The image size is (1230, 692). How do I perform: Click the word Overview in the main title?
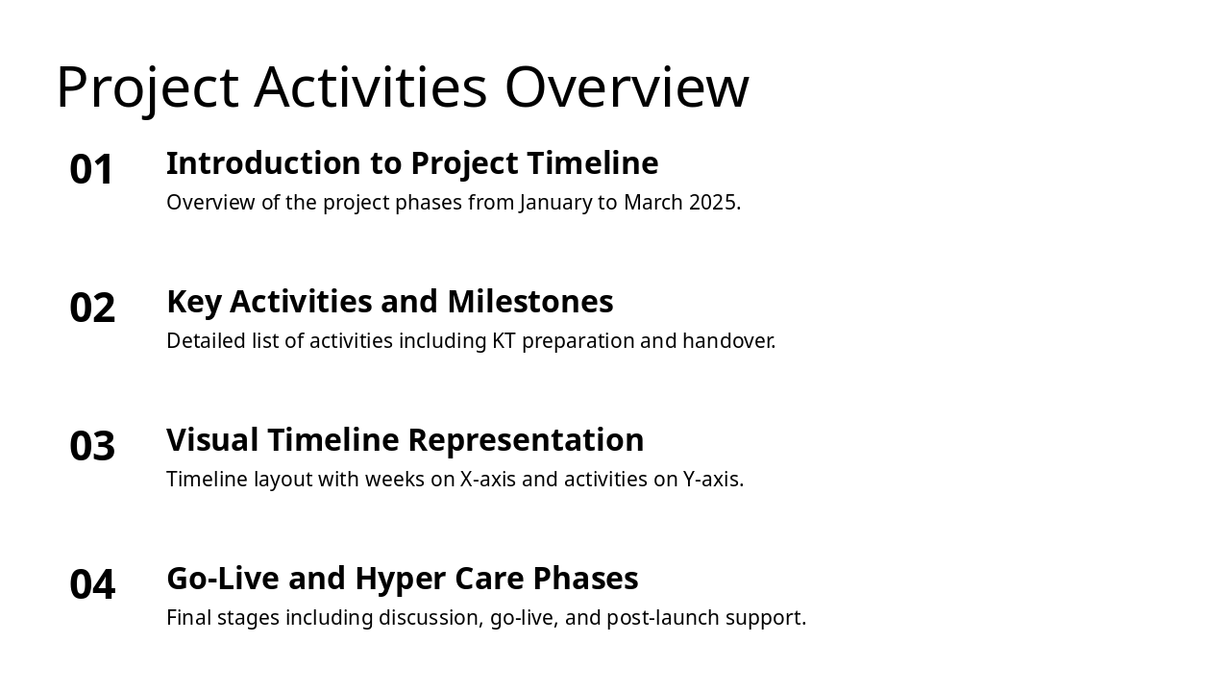pos(627,87)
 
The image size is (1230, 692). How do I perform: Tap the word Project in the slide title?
pos(147,90)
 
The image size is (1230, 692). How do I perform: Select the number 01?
pos(91,169)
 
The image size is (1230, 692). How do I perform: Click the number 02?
pos(92,308)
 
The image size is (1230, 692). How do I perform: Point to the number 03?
pos(92,446)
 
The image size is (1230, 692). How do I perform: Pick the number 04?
pos(92,584)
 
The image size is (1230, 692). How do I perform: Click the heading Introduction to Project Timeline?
pos(412,163)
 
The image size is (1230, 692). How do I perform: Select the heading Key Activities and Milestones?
pos(390,302)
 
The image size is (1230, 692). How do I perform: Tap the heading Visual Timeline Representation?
pos(406,440)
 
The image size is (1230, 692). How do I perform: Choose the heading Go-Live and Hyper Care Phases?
pos(403,579)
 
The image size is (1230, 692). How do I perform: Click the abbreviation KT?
pos(504,341)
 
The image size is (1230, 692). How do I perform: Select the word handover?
pos(728,341)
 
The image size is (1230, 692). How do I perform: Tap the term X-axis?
pos(487,480)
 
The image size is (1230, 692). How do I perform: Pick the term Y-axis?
pos(712,480)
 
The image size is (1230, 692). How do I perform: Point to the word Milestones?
pos(530,302)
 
